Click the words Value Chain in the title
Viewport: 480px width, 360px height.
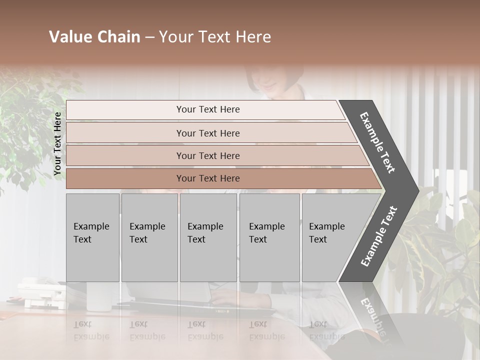[x=94, y=37]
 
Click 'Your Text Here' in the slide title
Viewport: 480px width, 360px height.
[x=215, y=37]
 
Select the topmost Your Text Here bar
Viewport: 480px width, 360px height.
[x=207, y=109]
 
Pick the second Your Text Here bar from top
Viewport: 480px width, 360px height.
[x=207, y=133]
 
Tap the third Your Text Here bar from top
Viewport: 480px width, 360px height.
[x=207, y=155]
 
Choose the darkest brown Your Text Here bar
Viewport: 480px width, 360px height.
[x=207, y=178]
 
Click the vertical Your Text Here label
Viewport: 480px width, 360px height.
[x=57, y=144]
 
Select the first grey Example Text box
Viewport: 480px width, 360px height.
[x=92, y=237]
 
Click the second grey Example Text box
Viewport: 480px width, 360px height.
[x=149, y=237]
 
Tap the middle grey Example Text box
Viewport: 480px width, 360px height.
[x=208, y=237]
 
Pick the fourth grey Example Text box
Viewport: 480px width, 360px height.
[x=269, y=237]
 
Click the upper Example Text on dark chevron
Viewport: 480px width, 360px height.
[x=377, y=142]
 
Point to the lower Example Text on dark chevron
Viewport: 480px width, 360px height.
[x=378, y=236]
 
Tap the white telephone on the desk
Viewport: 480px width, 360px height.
[x=40, y=295]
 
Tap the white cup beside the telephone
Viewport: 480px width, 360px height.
[x=94, y=297]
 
